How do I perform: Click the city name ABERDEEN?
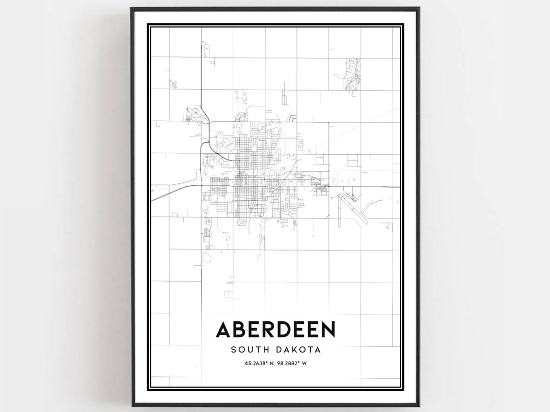(276, 329)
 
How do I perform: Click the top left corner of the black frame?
(131, 8)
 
